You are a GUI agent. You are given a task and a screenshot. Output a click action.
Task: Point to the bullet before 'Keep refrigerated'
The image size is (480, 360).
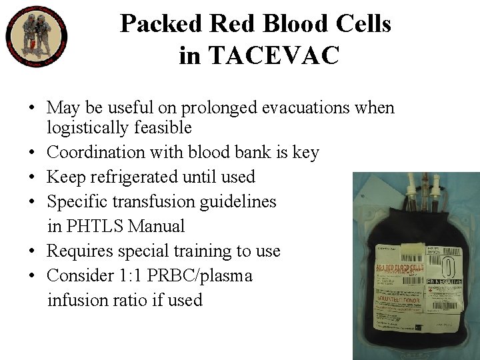[32, 177]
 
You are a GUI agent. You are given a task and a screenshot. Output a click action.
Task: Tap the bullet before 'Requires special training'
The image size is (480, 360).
[32, 251]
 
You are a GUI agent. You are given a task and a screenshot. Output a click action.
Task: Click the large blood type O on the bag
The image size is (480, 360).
[449, 267]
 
